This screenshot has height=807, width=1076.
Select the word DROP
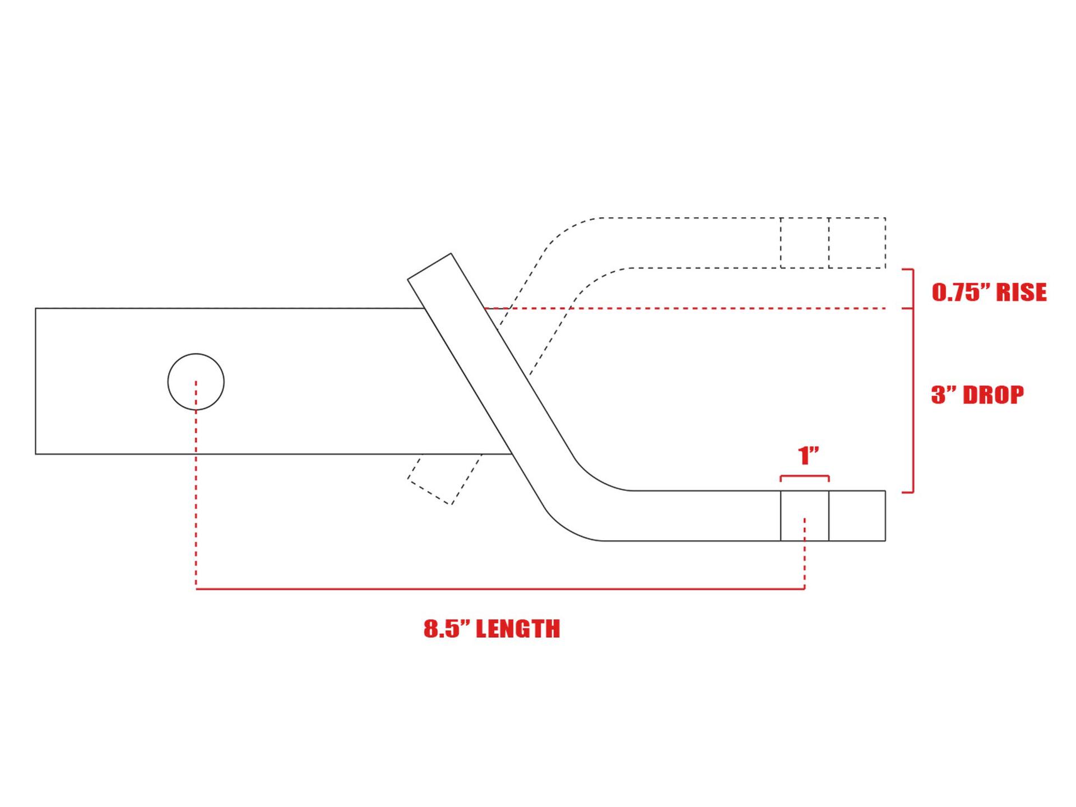[993, 395]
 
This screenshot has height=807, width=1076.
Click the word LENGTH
[517, 629]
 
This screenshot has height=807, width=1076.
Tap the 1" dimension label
[808, 456]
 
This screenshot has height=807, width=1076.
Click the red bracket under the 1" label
[805, 477]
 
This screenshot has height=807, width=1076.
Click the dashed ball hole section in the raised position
[805, 243]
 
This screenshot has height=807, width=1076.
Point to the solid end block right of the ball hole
[857, 516]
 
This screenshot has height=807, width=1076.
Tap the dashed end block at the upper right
[857, 243]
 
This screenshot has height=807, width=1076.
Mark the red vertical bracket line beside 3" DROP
[913, 401]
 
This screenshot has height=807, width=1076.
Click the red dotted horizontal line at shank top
[684, 308]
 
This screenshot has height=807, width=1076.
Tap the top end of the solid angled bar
[430, 266]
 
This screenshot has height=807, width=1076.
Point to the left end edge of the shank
[35, 381]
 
